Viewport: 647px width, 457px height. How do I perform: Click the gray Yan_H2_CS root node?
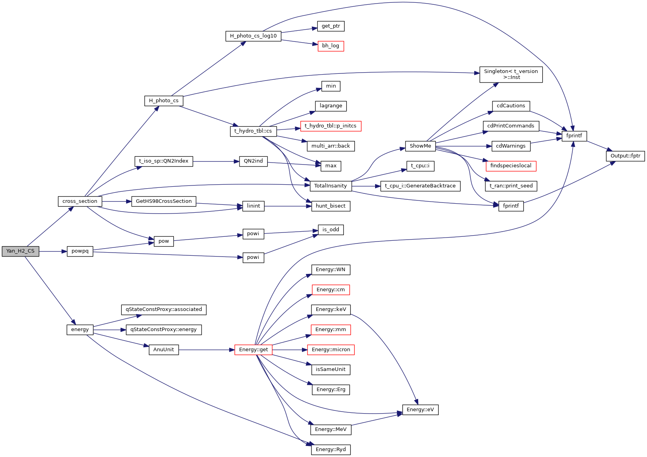[x=21, y=251]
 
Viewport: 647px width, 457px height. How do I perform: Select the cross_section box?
[x=80, y=201]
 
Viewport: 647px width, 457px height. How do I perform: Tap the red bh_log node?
[x=331, y=46]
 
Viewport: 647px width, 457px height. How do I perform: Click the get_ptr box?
[x=331, y=26]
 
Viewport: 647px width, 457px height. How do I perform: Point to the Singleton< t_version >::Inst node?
[x=511, y=74]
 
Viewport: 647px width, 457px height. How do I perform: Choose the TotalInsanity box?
[x=330, y=186]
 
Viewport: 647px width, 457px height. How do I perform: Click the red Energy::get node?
[x=253, y=350]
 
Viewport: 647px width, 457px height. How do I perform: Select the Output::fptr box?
[x=625, y=156]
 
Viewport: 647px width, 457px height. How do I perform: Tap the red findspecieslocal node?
[x=511, y=166]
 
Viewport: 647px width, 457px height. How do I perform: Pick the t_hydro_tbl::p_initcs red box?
[x=330, y=126]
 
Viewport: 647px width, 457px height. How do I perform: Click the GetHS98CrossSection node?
[x=164, y=201]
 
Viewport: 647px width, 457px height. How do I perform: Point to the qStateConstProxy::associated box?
[x=164, y=309]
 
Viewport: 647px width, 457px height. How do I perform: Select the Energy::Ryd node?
[x=330, y=450]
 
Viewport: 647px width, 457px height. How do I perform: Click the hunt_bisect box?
[x=330, y=206]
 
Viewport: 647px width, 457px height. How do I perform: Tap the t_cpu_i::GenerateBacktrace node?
[x=420, y=186]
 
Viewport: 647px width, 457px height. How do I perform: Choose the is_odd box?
[x=331, y=230]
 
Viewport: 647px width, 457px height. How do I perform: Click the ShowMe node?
[x=420, y=146]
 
